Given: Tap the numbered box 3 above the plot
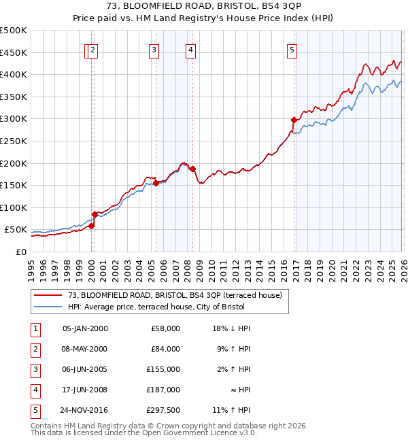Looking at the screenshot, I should (x=154, y=49).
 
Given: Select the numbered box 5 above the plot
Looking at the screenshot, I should (x=292, y=49).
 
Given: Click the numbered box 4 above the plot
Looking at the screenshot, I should (x=191, y=49).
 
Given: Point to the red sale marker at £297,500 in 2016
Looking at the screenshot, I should (x=294, y=120).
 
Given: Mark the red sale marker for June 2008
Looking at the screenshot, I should (x=193, y=169).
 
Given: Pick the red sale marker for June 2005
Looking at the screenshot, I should (x=156, y=183).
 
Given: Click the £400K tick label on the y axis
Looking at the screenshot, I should (x=13, y=75).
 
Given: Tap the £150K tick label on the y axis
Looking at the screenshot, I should (x=13, y=186).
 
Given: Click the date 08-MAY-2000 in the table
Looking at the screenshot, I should (x=85, y=349).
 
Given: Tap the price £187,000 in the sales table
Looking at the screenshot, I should (x=165, y=390).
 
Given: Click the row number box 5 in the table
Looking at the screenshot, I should (x=35, y=410).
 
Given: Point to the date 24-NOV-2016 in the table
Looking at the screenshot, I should (x=85, y=410).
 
